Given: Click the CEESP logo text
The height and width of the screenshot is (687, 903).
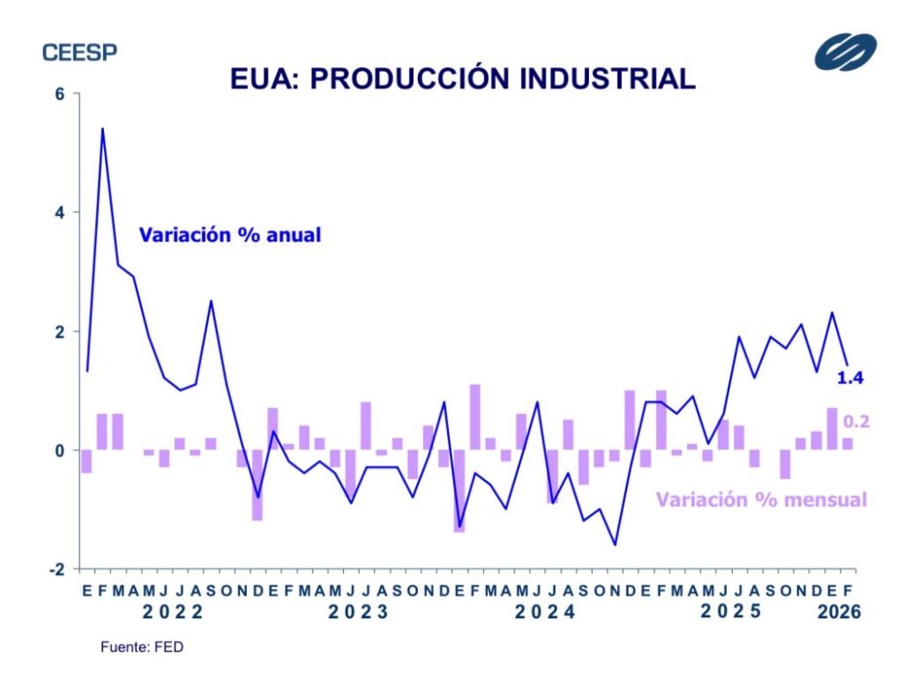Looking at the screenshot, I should coord(79,52).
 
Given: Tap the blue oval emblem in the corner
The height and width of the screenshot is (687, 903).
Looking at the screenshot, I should coord(845,51).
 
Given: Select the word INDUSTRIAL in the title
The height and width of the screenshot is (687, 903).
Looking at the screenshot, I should coord(608,78).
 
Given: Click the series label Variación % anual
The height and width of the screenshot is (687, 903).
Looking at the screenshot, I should coord(229,235).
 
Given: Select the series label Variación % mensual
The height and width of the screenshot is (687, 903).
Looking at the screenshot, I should coord(761,499).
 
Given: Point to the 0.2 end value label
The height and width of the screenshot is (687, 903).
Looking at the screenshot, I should coord(856,422).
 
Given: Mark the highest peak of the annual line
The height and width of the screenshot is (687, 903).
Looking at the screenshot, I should coord(102,129).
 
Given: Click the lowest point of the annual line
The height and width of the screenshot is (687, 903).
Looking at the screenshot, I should coord(614,545).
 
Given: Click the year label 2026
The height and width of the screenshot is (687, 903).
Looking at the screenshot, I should coord(839,611).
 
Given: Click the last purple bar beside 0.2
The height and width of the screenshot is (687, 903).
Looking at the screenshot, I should coord(847,444).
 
